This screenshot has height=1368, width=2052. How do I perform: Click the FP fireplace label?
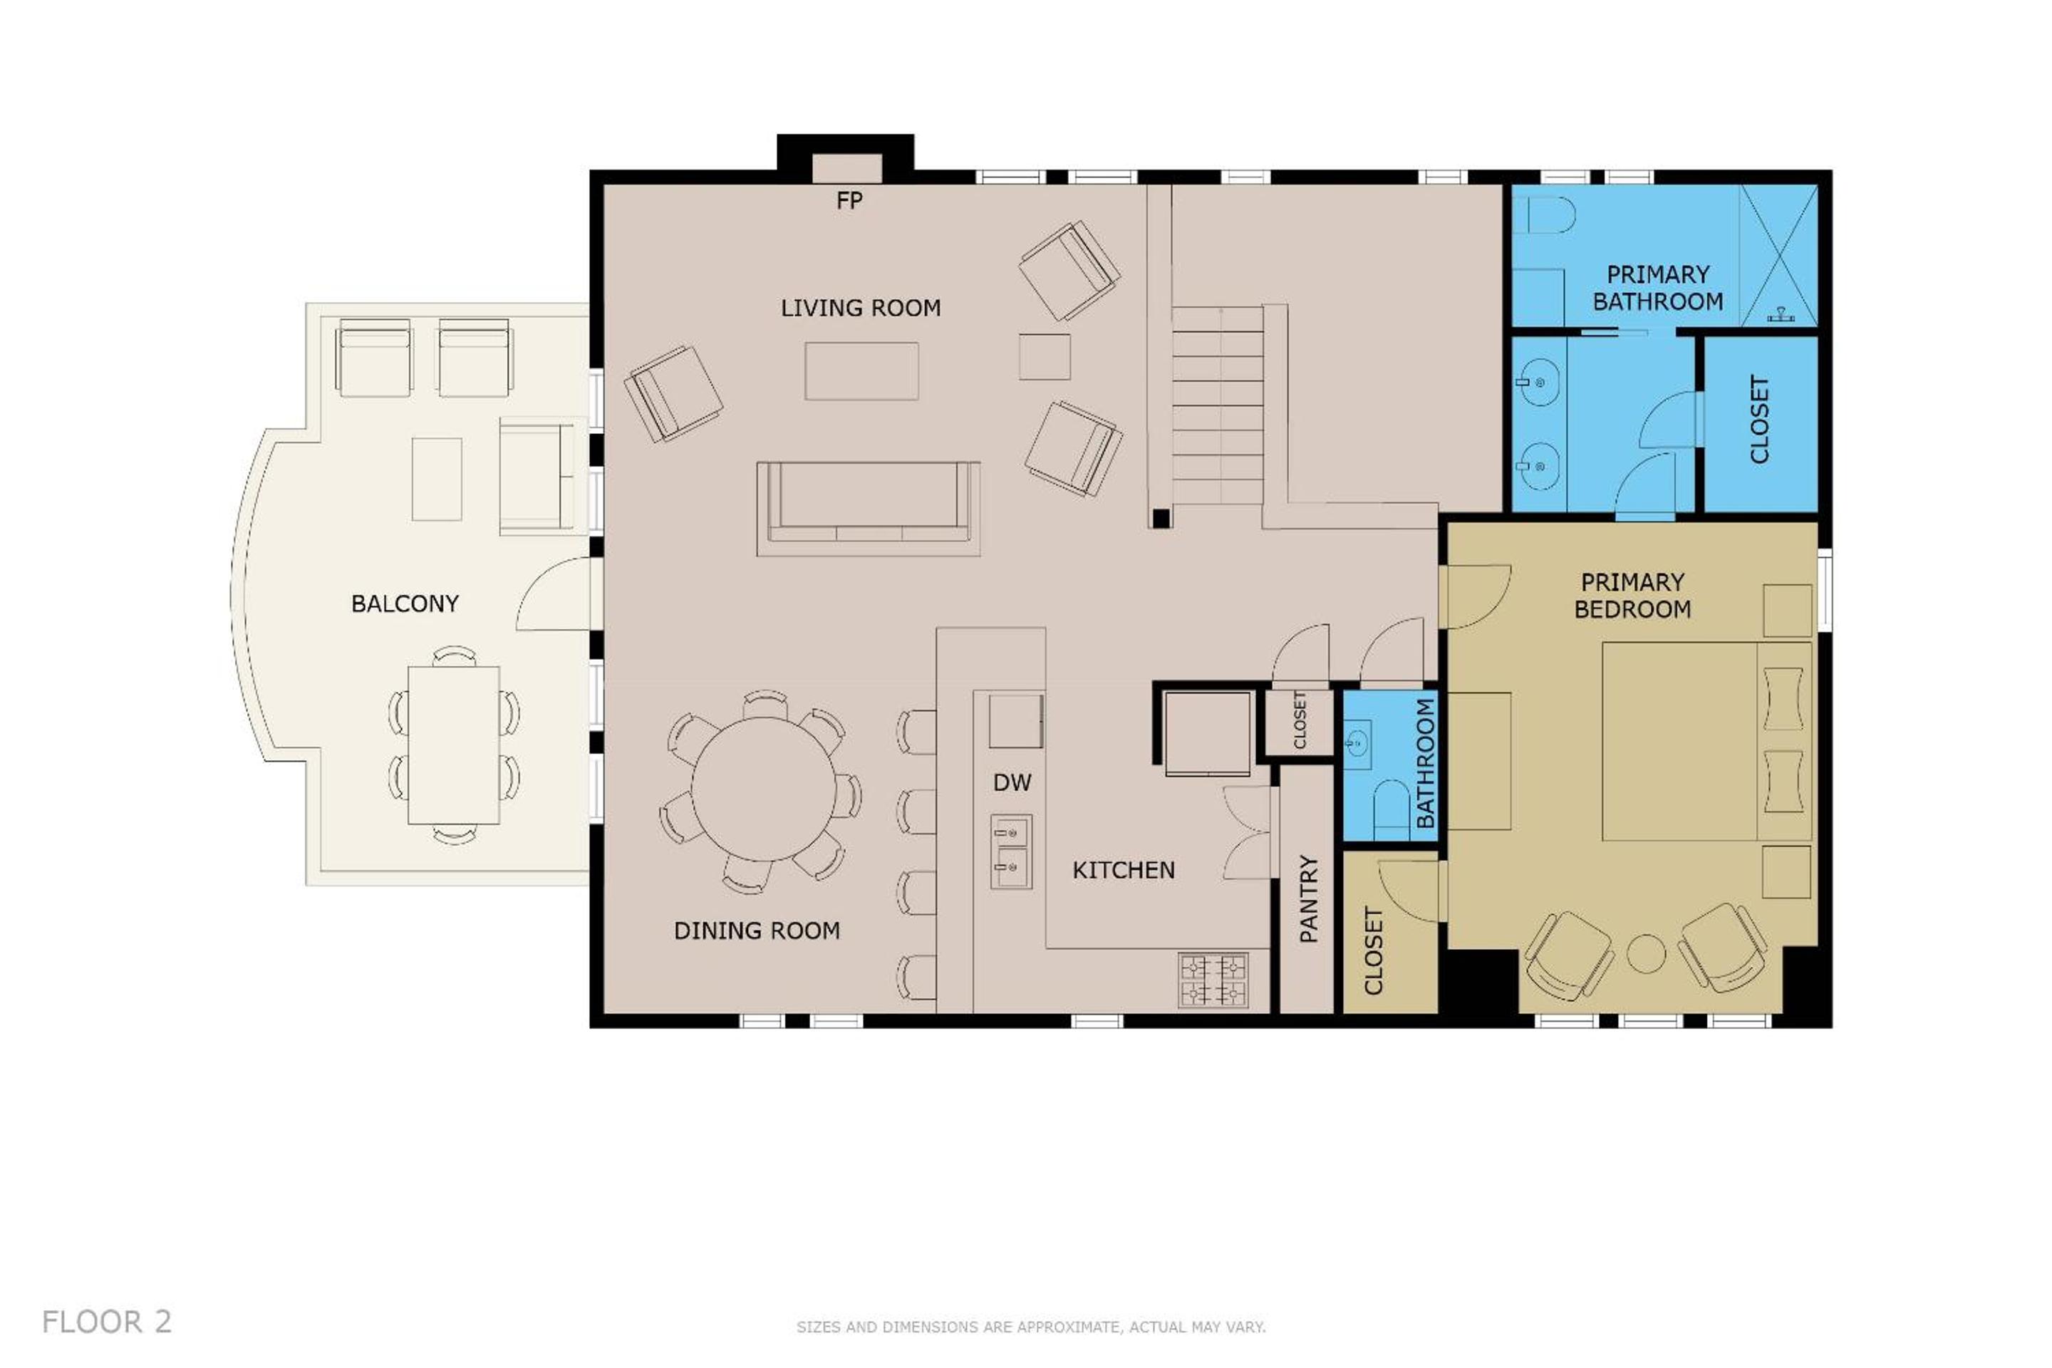[x=849, y=201]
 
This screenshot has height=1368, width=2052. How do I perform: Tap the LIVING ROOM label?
[x=860, y=308]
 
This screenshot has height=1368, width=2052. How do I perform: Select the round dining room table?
[x=763, y=789]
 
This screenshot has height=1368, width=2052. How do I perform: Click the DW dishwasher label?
[x=1012, y=782]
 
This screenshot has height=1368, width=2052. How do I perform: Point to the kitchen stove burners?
[x=1213, y=980]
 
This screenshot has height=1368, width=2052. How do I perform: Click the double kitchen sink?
[x=1011, y=851]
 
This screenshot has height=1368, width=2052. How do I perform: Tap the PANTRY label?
[x=1309, y=898]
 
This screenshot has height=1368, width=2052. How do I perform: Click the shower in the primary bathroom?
[x=1779, y=256]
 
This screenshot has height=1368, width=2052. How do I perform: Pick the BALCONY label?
[x=405, y=603]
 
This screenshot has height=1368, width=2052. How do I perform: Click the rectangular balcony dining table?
[x=454, y=745]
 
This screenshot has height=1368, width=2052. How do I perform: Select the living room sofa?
[x=868, y=509]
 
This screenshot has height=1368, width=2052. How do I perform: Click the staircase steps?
[x=1217, y=405]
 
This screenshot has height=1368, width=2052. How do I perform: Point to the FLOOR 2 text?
[x=106, y=1322]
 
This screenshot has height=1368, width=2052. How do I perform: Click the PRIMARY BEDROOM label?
[x=1632, y=596]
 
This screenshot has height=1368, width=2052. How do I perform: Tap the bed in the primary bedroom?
[x=1706, y=742]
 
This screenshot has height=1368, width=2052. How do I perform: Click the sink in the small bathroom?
[x=1357, y=744]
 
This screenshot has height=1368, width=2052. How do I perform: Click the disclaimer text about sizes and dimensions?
[x=1030, y=1327]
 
